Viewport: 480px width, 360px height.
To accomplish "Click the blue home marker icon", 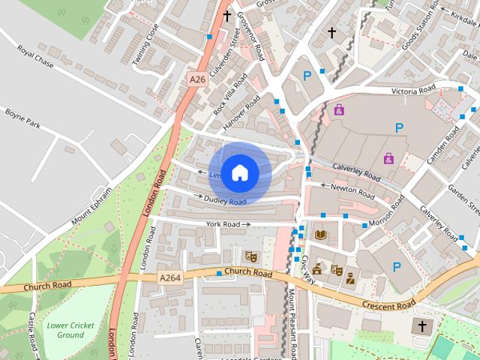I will (x=239, y=172).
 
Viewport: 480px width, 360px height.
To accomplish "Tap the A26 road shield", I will (x=197, y=79).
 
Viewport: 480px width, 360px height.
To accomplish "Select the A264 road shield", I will (x=170, y=277).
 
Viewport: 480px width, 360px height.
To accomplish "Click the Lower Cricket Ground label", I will (x=65, y=329).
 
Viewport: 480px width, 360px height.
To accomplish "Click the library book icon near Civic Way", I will (x=321, y=235).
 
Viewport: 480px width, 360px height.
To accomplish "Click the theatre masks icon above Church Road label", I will (x=251, y=256).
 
